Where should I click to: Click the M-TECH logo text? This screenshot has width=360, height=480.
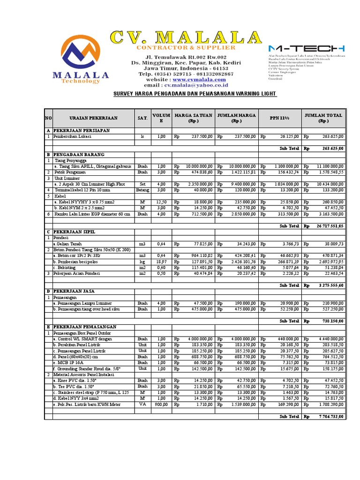(307, 48)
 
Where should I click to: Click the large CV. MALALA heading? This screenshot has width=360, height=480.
(186, 37)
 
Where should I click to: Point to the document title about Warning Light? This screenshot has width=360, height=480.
(195, 94)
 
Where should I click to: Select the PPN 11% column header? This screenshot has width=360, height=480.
(280, 118)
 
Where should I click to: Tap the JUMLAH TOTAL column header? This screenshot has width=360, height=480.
(323, 118)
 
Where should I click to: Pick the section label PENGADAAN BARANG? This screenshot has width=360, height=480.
(79, 154)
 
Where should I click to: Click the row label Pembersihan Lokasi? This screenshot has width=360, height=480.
(73, 136)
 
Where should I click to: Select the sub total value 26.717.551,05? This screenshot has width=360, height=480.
(330, 225)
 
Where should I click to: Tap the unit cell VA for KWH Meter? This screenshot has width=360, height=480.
(142, 404)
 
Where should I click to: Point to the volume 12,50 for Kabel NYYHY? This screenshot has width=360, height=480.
(161, 202)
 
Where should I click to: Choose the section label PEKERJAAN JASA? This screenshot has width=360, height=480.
(75, 291)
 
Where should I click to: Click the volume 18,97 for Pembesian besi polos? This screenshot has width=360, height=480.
(161, 262)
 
